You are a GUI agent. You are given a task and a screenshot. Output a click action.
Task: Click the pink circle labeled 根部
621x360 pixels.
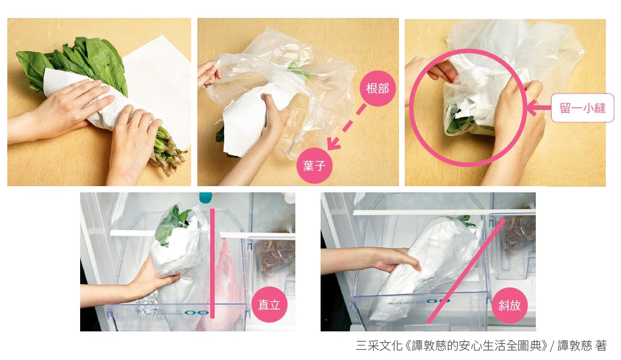(x=377, y=88)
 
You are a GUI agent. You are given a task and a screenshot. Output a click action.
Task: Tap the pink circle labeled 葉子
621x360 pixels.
(x=314, y=165)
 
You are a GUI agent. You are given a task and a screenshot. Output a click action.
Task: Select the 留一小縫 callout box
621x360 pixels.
(x=582, y=108)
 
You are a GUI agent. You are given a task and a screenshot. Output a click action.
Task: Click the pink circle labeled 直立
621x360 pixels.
(x=269, y=304)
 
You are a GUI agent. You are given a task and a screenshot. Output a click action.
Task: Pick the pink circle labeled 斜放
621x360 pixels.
(x=509, y=305)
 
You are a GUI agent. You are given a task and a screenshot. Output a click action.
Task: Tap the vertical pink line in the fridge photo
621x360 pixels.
(x=212, y=264)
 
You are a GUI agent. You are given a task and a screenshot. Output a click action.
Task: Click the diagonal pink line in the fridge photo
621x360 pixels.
(x=466, y=270)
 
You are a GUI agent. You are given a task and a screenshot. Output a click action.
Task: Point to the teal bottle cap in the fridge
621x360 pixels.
(x=206, y=197)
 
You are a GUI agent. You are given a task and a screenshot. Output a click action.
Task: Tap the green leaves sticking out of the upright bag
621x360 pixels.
(x=172, y=223)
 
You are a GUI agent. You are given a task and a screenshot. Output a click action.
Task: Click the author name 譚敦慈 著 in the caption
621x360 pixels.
(x=582, y=345)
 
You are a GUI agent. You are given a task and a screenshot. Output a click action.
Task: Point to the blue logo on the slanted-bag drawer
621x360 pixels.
(x=438, y=301)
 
